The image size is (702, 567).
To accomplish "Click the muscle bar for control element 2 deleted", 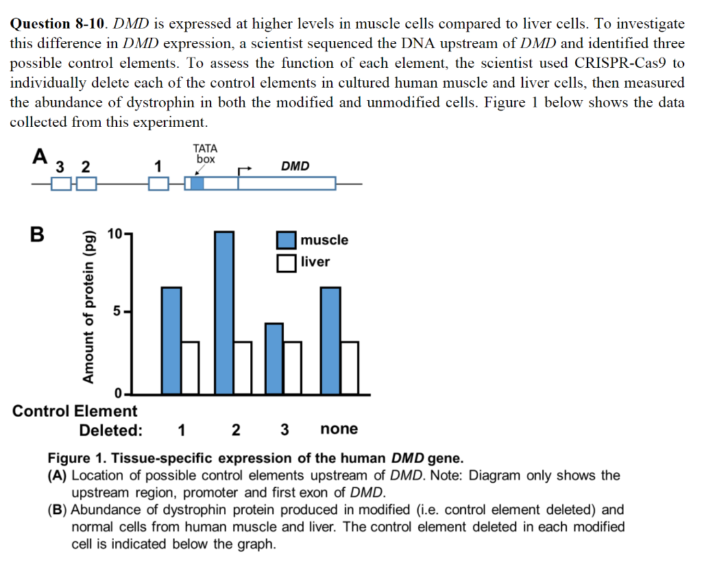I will pyautogui.click(x=224, y=313).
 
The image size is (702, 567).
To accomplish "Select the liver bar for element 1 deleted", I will pyautogui.click(x=190, y=367).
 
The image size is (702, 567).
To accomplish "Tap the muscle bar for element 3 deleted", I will pyautogui.click(x=274, y=359).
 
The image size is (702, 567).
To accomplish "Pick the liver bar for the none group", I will pyautogui.click(x=350, y=367).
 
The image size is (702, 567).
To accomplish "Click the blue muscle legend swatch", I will pyautogui.click(x=287, y=241).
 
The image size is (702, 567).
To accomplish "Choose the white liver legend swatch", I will pyautogui.click(x=287, y=263).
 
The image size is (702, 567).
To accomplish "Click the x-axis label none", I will pyautogui.click(x=339, y=429).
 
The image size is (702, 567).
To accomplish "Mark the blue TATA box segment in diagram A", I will pyautogui.click(x=197, y=184).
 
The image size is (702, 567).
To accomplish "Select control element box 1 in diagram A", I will pyautogui.click(x=158, y=184).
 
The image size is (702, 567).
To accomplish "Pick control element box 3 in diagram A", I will pyautogui.click(x=61, y=184).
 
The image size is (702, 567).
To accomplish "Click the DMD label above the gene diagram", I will pyautogui.click(x=295, y=166).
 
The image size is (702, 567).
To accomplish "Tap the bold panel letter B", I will pyautogui.click(x=37, y=235).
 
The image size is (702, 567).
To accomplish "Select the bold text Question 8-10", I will pyautogui.click(x=58, y=24).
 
